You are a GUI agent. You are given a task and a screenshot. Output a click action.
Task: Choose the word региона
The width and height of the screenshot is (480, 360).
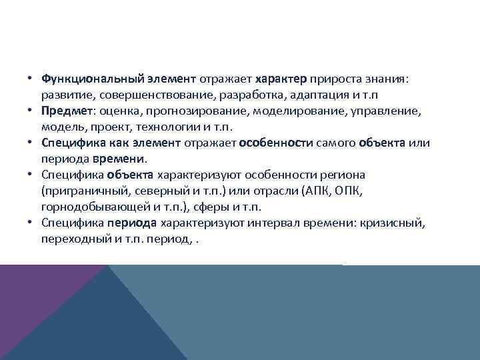(x=346, y=175)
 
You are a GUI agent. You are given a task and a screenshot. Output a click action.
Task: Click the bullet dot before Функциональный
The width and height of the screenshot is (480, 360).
(x=31, y=79)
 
